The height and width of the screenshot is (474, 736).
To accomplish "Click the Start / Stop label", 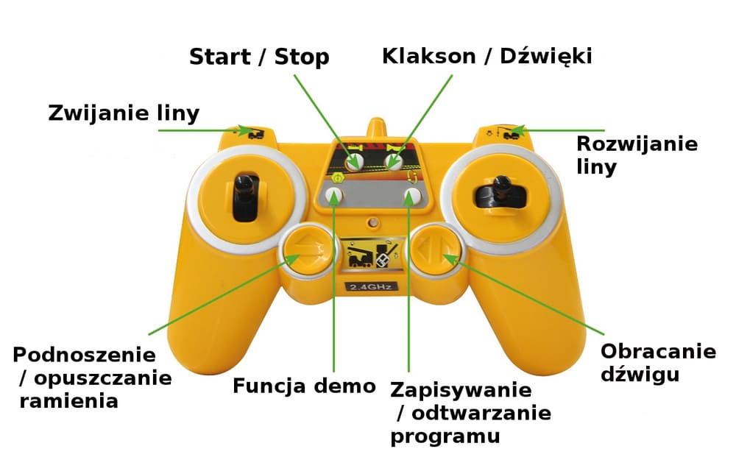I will click(258, 57).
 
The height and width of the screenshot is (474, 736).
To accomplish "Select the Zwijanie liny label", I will click(124, 113).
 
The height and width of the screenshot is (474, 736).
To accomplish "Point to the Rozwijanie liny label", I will click(637, 155).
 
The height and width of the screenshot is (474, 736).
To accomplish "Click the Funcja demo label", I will click(304, 386).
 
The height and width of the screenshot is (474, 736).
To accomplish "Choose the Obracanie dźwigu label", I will click(658, 362).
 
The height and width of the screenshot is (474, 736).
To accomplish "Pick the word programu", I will click(445, 436).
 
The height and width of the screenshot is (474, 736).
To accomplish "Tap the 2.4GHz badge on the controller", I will click(371, 285).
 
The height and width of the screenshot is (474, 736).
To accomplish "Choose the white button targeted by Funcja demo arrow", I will click(335, 195).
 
